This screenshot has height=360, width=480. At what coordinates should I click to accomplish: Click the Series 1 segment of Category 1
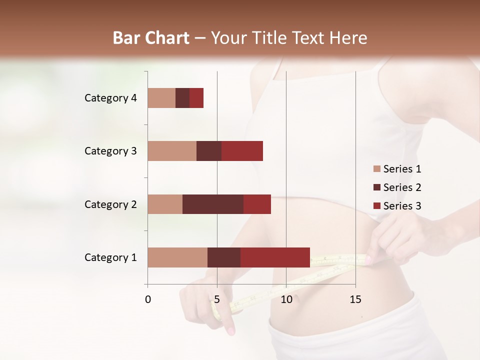click(x=177, y=257)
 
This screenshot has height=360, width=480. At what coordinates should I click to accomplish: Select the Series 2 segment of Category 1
click(x=224, y=257)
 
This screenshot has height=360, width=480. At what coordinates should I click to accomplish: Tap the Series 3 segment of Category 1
click(x=275, y=257)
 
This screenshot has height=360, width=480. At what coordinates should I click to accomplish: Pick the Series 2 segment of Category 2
click(x=213, y=204)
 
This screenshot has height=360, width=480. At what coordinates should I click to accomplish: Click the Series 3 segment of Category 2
click(x=257, y=204)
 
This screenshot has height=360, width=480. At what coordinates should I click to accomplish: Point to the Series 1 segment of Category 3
click(x=172, y=151)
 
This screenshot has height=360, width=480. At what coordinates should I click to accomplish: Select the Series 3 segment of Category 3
click(x=242, y=151)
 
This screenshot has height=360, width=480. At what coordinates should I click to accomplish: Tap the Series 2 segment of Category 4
click(x=182, y=98)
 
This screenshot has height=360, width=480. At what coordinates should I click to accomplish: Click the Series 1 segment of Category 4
click(x=161, y=98)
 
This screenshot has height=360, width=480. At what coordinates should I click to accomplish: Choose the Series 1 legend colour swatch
click(x=376, y=169)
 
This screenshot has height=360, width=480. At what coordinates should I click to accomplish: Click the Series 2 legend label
click(x=402, y=187)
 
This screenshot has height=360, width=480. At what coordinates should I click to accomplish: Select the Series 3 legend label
click(x=402, y=206)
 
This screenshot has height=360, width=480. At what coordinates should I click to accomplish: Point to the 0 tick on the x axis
click(x=148, y=299)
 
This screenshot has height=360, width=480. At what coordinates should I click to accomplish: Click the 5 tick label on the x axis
click(x=217, y=299)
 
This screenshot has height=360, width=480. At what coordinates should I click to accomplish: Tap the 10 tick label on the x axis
click(x=286, y=299)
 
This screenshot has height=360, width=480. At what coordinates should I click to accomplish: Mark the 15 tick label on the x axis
click(x=355, y=299)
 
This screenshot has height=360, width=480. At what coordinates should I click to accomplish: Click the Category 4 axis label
click(x=110, y=98)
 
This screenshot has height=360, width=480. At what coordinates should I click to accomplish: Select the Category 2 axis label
click(x=110, y=204)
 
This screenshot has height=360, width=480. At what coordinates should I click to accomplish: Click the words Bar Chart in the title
click(x=151, y=37)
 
